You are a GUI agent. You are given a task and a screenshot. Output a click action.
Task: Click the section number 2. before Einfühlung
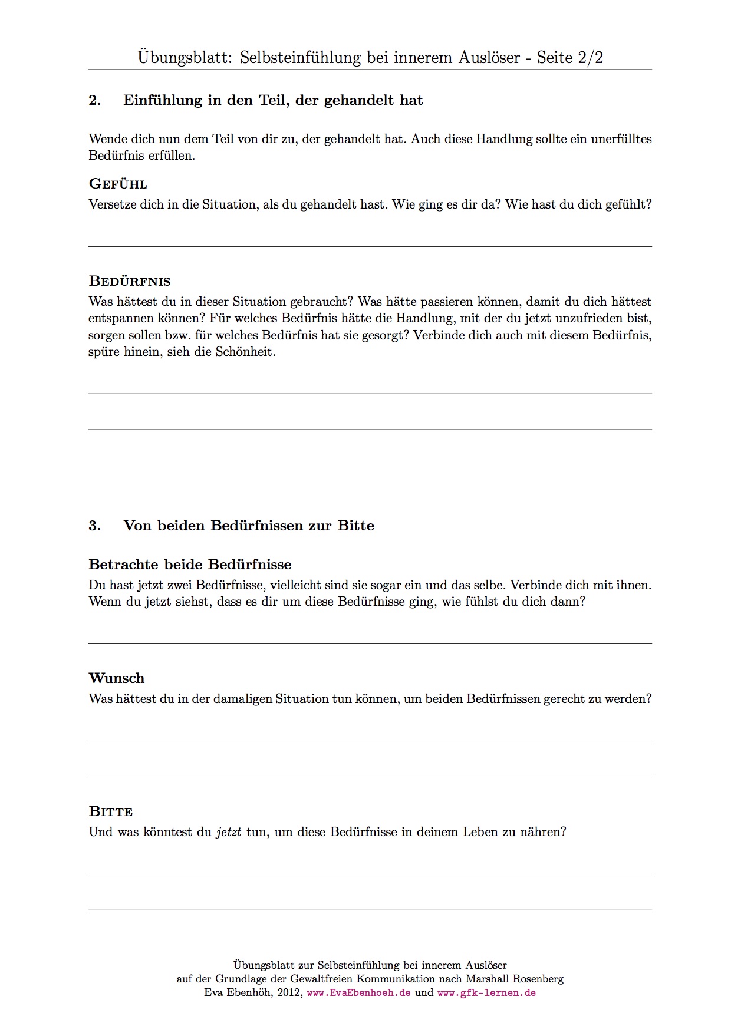pyautogui.click(x=94, y=100)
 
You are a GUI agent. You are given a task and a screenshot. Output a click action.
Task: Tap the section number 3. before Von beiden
pyautogui.click(x=94, y=526)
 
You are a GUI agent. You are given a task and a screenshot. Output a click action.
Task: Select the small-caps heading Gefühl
pyautogui.click(x=118, y=184)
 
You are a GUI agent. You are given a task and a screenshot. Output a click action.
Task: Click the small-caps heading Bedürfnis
pyautogui.click(x=130, y=281)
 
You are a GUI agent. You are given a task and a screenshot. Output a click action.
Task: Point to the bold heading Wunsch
pyautogui.click(x=117, y=678)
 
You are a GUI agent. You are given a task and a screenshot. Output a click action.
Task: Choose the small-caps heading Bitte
pyautogui.click(x=111, y=811)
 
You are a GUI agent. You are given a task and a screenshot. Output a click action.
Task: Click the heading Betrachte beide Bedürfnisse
pyautogui.click(x=190, y=565)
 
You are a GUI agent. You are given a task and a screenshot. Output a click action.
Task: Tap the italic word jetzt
pyautogui.click(x=229, y=832)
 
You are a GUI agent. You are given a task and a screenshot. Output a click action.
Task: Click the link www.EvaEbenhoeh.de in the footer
pyautogui.click(x=359, y=992)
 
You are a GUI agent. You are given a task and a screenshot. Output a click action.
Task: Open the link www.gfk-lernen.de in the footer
pyautogui.click(x=486, y=992)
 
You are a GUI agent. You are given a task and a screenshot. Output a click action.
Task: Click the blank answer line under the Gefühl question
pyautogui.click(x=370, y=246)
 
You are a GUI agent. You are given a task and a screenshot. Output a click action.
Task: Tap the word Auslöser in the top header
pyautogui.click(x=487, y=57)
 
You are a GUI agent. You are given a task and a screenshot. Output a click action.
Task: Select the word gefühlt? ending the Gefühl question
pyautogui.click(x=628, y=204)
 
